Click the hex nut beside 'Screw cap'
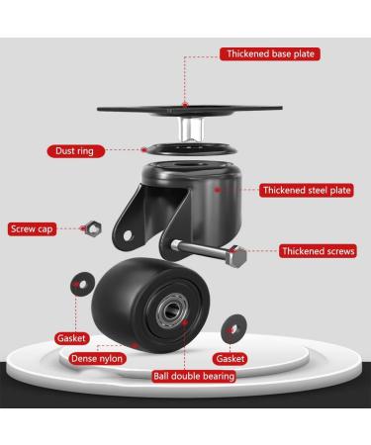click(86, 227)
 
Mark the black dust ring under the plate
click(186, 148)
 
